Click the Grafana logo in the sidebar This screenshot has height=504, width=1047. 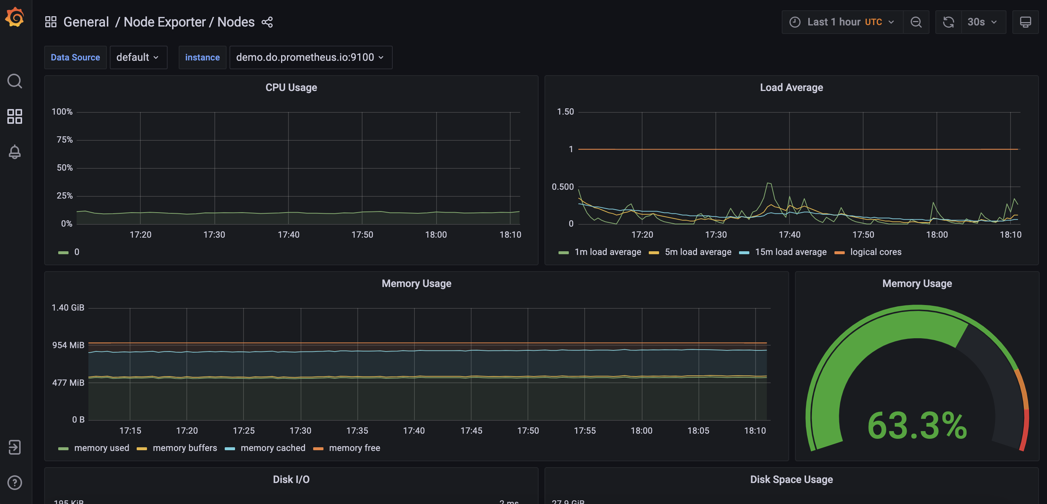tap(15, 17)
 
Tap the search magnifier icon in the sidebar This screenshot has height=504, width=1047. tap(15, 81)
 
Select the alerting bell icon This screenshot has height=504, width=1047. tap(15, 152)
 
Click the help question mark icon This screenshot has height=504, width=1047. tap(15, 483)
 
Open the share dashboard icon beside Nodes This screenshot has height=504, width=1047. tap(267, 22)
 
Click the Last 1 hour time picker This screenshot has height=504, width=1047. tap(842, 22)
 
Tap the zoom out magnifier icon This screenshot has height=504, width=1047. tap(916, 22)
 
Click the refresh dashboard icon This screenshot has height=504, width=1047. tap(948, 22)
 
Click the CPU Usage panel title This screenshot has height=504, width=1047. tap(291, 87)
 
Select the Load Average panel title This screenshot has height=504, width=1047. tap(791, 87)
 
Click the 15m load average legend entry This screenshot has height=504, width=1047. tap(790, 252)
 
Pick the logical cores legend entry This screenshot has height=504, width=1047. tap(875, 252)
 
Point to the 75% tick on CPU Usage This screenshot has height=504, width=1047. tap(64, 140)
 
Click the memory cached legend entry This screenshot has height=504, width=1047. tap(272, 448)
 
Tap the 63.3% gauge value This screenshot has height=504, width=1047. tap(917, 426)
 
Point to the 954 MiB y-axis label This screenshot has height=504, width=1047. tap(68, 345)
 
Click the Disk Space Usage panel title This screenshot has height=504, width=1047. tap(791, 480)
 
